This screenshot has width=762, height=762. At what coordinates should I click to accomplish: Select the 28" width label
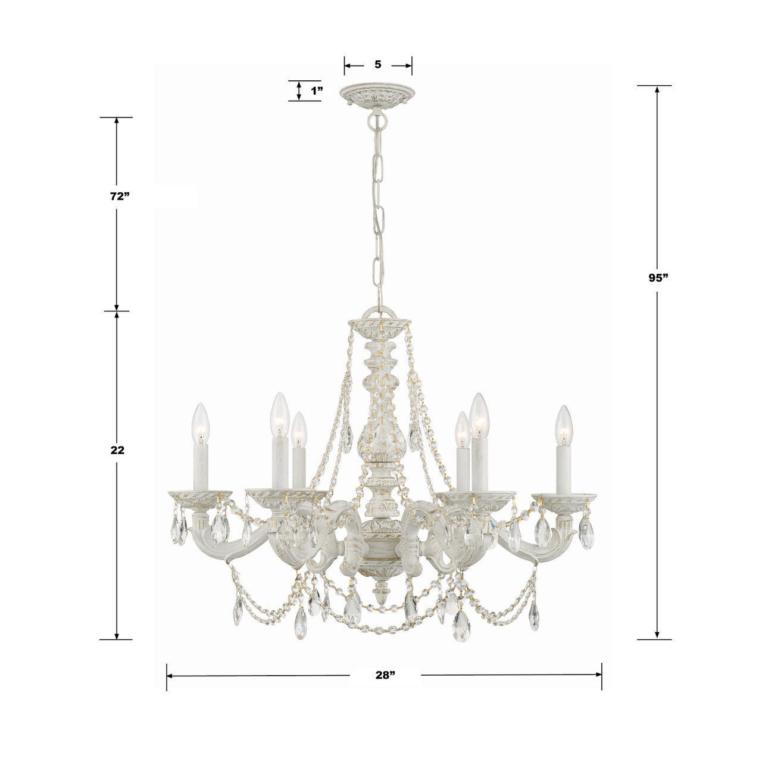click(385, 675)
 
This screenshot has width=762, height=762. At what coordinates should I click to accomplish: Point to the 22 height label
click(117, 451)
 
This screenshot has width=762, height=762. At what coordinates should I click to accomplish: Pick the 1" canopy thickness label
click(316, 91)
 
